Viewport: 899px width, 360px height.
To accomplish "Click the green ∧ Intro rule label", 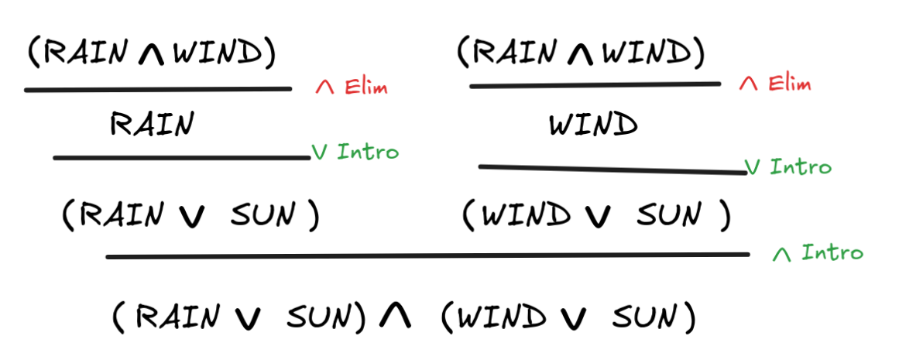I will (x=818, y=253).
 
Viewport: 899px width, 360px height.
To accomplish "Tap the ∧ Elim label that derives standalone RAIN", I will (x=352, y=87).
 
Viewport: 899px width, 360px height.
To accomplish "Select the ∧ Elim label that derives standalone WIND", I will (x=775, y=83).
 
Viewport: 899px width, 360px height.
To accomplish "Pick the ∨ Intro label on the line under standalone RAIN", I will (x=355, y=152).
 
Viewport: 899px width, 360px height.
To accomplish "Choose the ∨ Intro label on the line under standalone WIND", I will (x=788, y=166).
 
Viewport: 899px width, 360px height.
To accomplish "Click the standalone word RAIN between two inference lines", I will (x=152, y=124).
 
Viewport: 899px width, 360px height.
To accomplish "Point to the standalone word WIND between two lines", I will (x=593, y=125).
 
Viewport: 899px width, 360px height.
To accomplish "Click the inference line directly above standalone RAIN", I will (x=158, y=90).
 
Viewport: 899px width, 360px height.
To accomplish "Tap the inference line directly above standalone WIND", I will (x=595, y=85).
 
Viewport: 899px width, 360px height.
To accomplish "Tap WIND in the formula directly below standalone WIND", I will (x=526, y=216).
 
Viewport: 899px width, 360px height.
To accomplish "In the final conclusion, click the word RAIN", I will (x=180, y=317).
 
